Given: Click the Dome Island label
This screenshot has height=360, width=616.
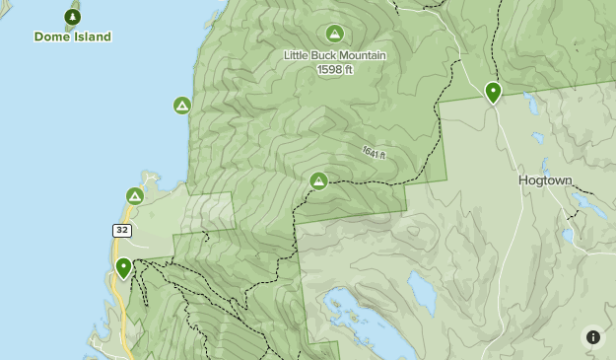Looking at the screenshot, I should (x=73, y=36).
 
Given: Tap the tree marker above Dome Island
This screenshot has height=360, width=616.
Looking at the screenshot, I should (x=72, y=17).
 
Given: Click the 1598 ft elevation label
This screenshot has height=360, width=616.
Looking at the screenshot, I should (x=334, y=69).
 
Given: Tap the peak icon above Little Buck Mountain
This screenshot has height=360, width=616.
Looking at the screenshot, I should (x=334, y=34).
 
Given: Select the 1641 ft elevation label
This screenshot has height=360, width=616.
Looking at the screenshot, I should (x=373, y=153).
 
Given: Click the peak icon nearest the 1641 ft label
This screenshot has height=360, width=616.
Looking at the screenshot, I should (x=318, y=181).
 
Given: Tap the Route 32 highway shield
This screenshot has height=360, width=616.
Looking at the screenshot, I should (x=121, y=230).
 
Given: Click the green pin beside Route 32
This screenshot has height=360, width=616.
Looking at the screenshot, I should (x=123, y=267).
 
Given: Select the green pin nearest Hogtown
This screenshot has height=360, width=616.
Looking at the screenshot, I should (x=493, y=92).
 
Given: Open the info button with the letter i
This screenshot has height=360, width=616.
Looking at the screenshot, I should (x=592, y=336).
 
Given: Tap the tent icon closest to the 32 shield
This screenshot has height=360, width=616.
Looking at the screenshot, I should (x=135, y=196).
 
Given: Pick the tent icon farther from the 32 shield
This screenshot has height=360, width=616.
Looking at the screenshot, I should (x=181, y=105).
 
